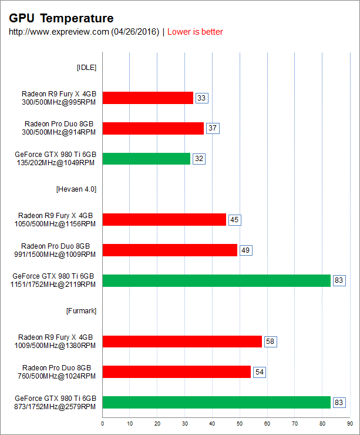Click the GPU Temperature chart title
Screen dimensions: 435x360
62,19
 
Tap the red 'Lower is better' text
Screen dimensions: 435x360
195,32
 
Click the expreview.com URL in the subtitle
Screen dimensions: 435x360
84,32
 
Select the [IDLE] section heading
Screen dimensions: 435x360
86,67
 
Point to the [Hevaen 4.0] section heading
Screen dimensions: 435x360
76,189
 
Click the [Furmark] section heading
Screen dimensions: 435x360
81,310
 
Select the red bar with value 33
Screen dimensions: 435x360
148,98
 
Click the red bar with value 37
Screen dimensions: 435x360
153,128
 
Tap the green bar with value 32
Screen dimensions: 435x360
146,159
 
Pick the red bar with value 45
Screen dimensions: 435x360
164,220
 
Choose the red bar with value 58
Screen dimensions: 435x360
182,341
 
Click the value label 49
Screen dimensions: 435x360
245,250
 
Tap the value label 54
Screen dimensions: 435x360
259,372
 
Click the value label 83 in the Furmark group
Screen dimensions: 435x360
339,402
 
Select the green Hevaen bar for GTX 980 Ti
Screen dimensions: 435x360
217,280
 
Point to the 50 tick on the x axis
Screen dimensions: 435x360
240,423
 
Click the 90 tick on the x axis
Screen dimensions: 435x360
349,423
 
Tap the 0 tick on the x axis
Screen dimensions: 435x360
103,423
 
